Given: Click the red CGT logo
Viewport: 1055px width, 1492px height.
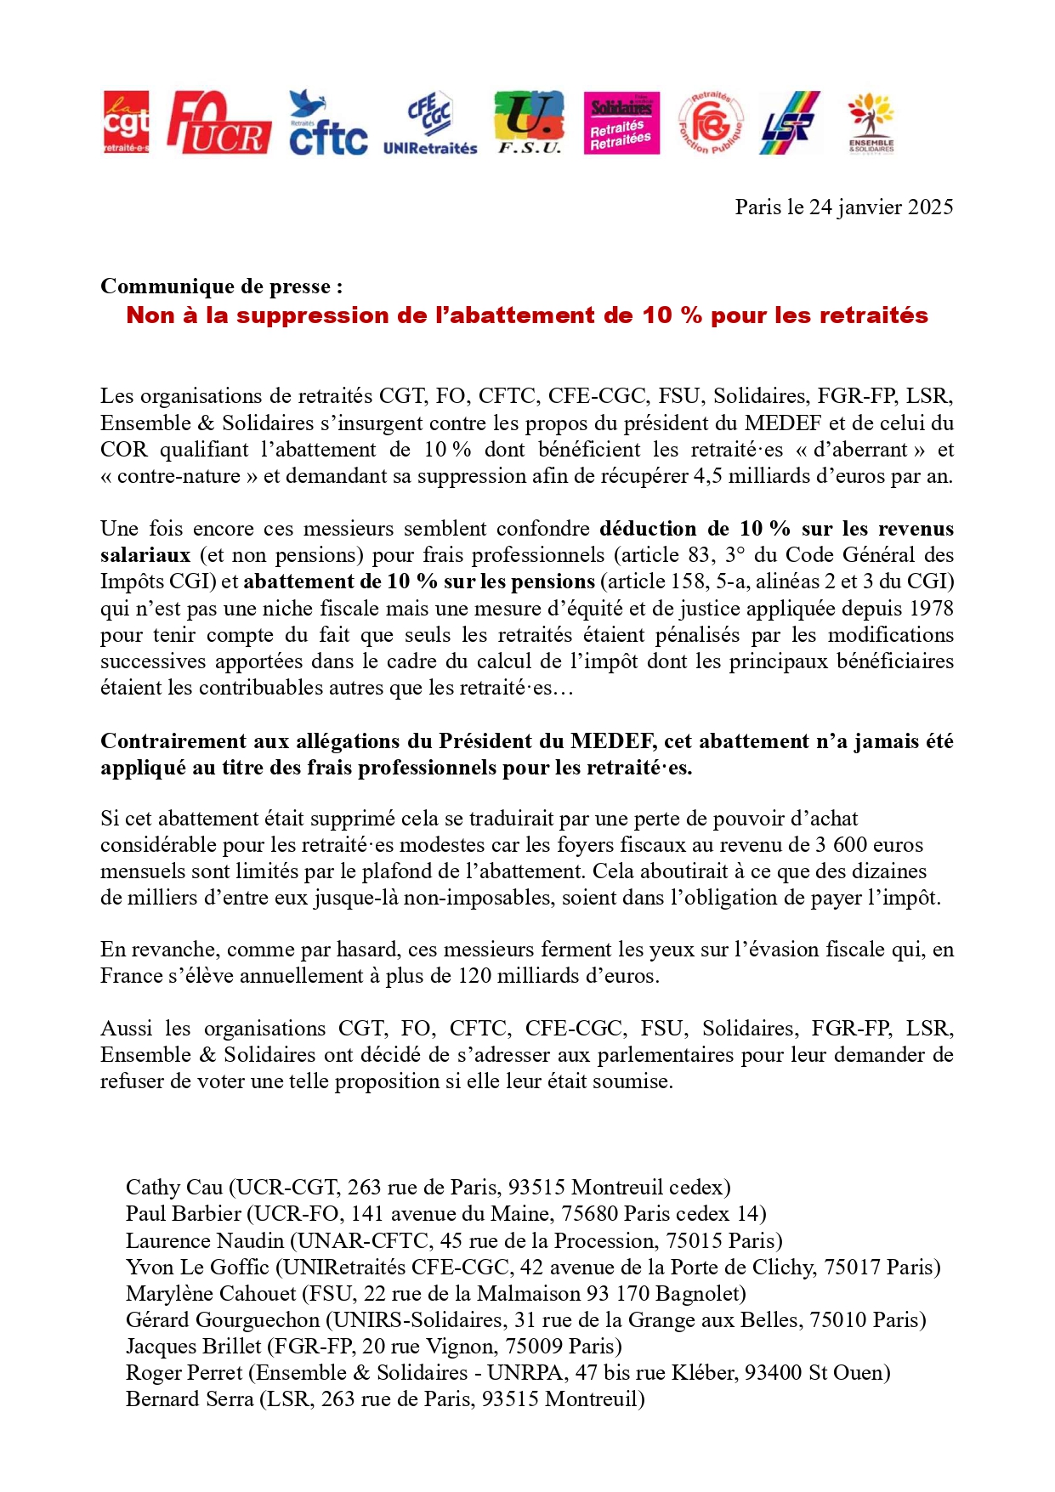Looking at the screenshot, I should [126, 122].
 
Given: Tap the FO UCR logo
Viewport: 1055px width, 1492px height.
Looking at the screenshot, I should [218, 123].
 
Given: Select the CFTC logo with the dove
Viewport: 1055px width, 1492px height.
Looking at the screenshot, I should [327, 123].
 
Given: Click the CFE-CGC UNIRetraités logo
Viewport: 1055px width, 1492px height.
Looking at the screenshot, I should [430, 124].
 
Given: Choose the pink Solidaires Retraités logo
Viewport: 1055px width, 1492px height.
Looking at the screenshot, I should [621, 123].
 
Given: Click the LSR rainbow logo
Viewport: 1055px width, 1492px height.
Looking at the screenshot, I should [790, 123].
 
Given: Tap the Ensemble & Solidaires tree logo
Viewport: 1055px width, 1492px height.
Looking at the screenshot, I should [871, 123].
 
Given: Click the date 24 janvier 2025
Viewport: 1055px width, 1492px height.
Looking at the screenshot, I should [881, 207].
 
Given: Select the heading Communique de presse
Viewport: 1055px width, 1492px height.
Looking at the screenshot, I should [221, 286].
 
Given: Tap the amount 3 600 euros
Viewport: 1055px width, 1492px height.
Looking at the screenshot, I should [869, 845].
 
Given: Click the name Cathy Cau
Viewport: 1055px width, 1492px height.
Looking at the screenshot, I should [174, 1188].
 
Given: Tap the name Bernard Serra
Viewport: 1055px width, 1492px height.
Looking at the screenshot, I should [190, 1399].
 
